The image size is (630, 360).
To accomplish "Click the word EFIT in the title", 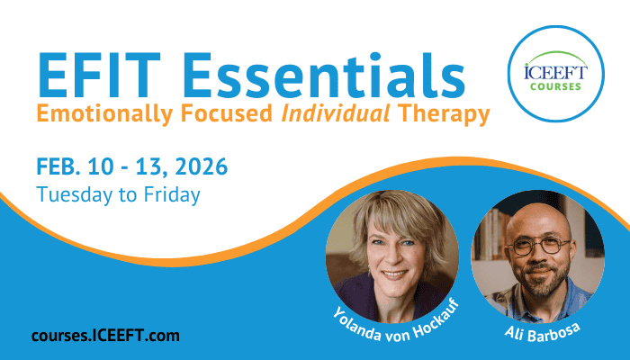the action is pos(99,76).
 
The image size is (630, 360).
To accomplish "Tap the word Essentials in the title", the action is pos(324,76).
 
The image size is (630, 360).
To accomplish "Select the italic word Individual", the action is pos(336,113).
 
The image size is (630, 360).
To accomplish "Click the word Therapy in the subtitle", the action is pos(444,114).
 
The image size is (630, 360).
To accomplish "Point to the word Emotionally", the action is pos(104,114).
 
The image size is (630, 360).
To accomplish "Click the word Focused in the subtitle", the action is pos(227,113).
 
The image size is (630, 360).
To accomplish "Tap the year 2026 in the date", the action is pos(202,166).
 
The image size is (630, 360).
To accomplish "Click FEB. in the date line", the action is pos(58,166).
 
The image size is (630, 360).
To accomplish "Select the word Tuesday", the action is pos(75,195).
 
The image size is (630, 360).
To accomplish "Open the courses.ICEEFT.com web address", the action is pos(105,336).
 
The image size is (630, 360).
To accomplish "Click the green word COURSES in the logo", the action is pos(555,86).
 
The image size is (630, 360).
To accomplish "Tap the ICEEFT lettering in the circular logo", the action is pos(555,72).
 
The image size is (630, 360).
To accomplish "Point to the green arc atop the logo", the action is pos(555,53).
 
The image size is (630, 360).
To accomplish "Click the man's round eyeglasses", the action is pos(540,246).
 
